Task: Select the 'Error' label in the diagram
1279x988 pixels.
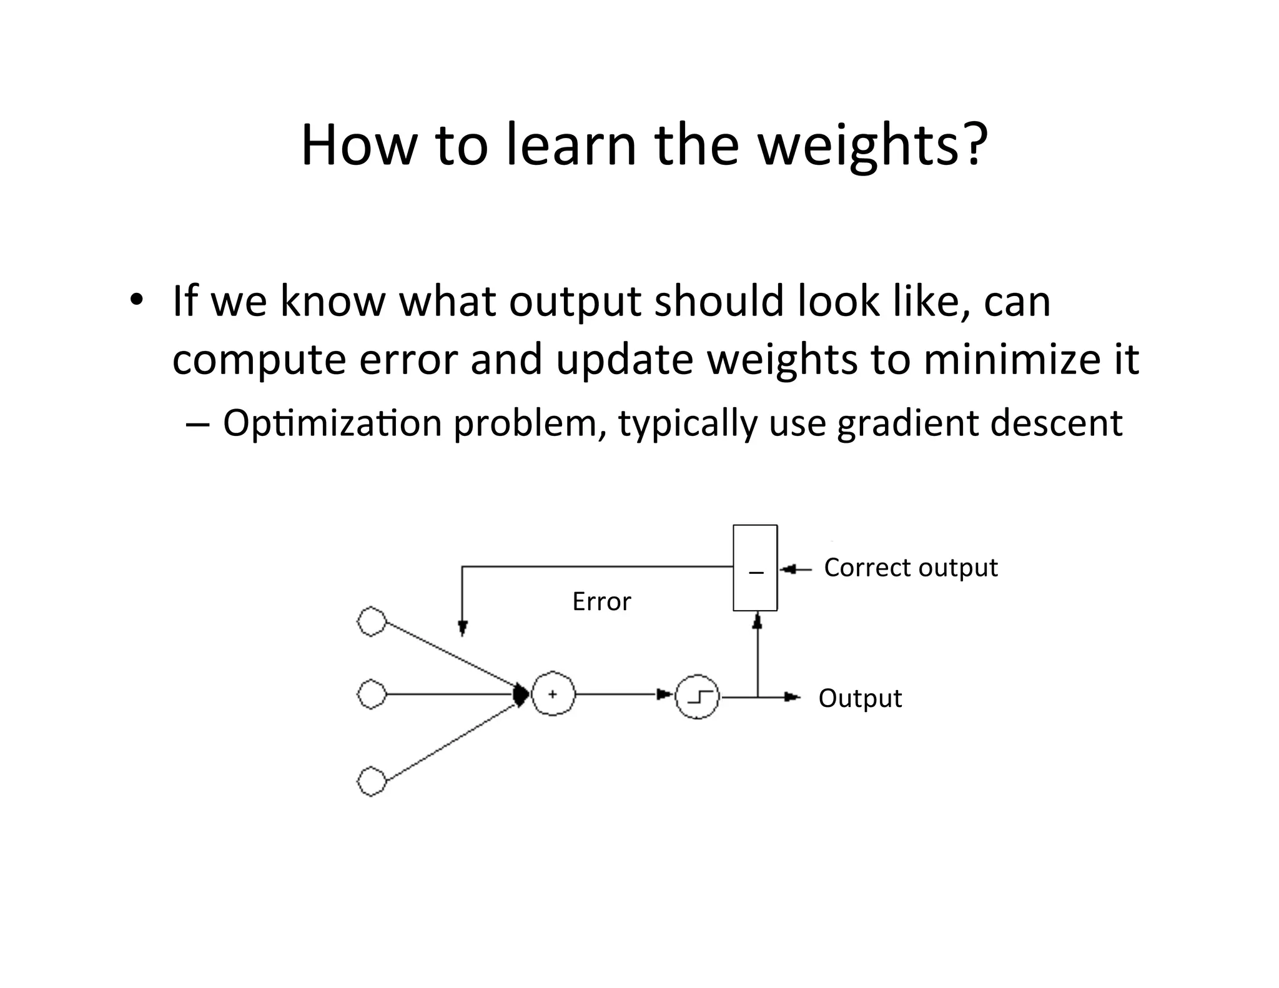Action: (601, 601)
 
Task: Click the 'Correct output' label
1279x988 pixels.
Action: (911, 568)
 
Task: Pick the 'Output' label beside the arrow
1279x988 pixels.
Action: (860, 698)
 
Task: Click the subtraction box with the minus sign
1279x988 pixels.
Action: (756, 568)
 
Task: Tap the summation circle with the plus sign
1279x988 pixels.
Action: (553, 694)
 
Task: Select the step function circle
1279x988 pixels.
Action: (698, 696)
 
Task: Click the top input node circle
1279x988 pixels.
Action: (372, 621)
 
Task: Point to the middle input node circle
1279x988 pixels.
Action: (372, 694)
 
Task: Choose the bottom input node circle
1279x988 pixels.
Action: (372, 781)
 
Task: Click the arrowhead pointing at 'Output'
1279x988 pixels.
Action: (792, 697)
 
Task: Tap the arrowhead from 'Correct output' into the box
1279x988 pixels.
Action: (788, 569)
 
